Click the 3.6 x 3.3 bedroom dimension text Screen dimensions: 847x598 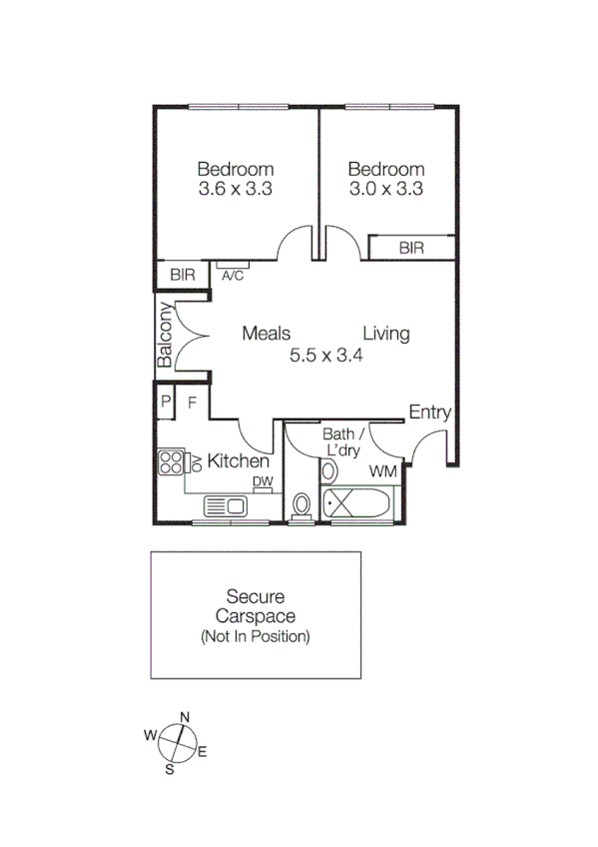(x=236, y=188)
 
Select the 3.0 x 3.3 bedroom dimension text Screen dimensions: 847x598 (x=386, y=188)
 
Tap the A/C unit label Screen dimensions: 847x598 (x=233, y=276)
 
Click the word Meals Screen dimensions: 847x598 (x=266, y=334)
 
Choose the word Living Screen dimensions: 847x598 (x=386, y=334)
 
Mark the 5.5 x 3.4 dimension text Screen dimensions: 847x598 (x=325, y=355)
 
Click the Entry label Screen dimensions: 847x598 (x=430, y=413)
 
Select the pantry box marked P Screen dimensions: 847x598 (x=165, y=403)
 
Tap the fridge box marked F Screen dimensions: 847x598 (x=193, y=403)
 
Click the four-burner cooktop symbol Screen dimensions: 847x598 (x=171, y=462)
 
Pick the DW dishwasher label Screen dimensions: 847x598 (x=263, y=482)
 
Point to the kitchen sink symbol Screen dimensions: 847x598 (x=229, y=505)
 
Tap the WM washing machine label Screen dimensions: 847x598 (x=383, y=470)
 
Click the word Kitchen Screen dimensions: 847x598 (x=238, y=461)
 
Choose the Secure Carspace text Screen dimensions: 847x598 (x=255, y=607)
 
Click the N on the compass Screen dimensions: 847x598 (x=185, y=716)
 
